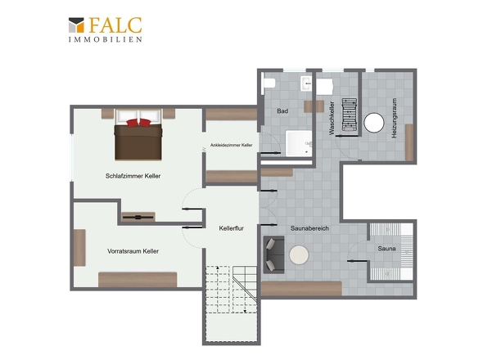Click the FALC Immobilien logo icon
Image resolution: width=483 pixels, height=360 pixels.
(76, 25)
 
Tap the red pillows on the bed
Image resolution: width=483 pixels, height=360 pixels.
(138, 123)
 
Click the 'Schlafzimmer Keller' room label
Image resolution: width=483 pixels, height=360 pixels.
(133, 176)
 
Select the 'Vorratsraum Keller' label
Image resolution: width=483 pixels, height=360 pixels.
(133, 251)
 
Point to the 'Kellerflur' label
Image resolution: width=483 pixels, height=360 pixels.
(232, 228)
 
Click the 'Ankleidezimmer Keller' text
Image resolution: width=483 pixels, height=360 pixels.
(232, 145)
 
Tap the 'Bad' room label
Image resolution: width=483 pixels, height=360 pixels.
(282, 111)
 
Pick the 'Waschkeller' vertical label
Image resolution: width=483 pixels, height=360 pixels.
(332, 118)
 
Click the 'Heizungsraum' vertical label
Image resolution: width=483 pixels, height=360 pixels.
(394, 118)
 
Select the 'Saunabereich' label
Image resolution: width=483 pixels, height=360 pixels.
(309, 228)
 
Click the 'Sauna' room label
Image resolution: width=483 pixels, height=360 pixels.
(386, 248)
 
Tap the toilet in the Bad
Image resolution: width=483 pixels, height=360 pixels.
(269, 83)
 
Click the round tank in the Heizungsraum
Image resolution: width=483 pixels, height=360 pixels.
(374, 123)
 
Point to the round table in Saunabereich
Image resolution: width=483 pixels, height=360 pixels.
(299, 254)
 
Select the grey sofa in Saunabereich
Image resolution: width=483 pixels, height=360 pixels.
(273, 254)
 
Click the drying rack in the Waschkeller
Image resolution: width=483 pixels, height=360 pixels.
(350, 115)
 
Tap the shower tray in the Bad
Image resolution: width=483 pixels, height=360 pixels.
(299, 143)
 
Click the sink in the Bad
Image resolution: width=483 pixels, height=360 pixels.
(306, 83)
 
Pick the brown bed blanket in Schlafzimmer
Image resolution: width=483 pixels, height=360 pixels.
(138, 142)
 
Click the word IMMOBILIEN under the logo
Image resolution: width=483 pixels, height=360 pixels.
(106, 39)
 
